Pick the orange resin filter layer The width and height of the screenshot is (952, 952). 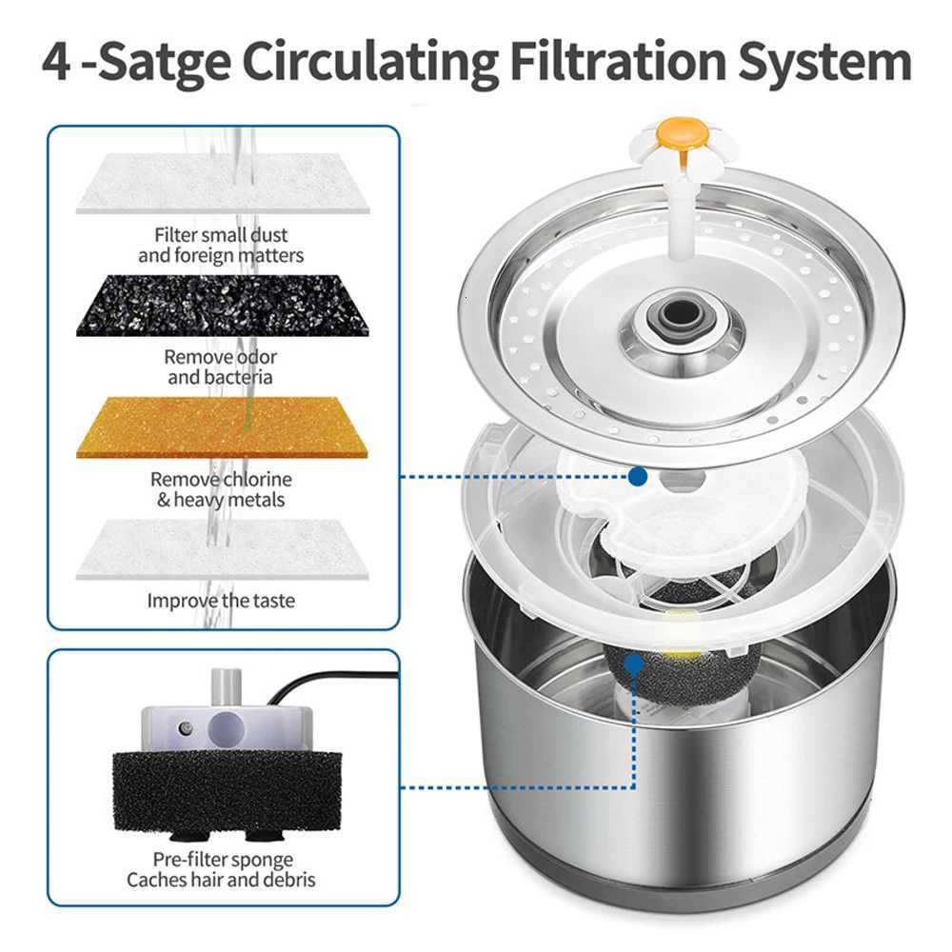[222, 427]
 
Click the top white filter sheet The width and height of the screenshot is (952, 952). [222, 184]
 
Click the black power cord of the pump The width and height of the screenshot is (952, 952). [324, 679]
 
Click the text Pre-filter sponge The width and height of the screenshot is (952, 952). [221, 859]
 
